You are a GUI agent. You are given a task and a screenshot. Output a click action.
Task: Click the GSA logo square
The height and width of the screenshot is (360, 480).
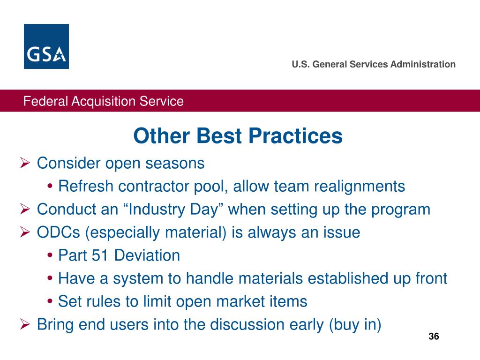click(x=46, y=46)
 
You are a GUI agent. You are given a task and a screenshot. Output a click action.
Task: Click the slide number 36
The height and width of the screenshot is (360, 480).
click(x=434, y=336)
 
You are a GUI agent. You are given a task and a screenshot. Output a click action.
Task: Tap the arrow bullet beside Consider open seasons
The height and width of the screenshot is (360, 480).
click(x=25, y=163)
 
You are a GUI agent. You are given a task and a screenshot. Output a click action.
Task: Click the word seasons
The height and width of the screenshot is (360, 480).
click(x=175, y=164)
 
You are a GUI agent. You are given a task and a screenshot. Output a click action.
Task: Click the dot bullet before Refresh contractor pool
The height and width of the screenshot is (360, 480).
click(x=50, y=186)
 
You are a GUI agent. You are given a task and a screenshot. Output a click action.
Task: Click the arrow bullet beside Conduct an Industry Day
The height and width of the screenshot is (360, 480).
click(x=25, y=210)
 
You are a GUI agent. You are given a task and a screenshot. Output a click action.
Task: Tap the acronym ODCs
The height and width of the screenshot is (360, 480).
click(x=59, y=232)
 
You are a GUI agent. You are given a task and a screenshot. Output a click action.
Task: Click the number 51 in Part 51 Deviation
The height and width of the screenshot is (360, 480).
click(x=100, y=255)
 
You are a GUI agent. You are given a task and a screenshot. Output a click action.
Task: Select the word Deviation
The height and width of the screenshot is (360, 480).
click(x=147, y=255)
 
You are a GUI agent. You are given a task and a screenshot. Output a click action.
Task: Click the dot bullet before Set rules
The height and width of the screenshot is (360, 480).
click(x=50, y=301)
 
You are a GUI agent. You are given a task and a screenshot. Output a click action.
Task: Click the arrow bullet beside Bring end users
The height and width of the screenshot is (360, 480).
click(x=25, y=324)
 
